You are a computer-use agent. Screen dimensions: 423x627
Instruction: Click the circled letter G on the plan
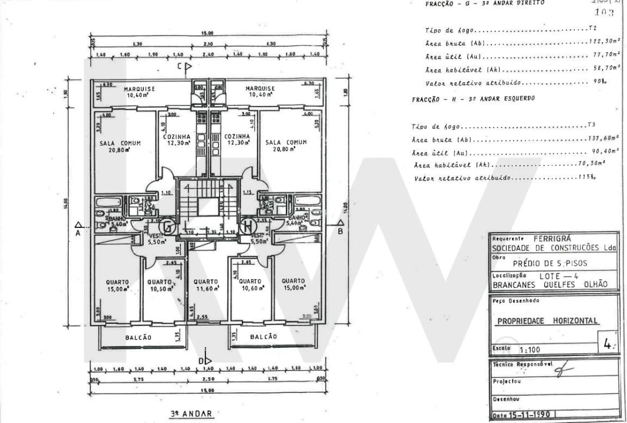[x=168, y=226]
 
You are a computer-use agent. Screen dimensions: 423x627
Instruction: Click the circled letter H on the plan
[x=247, y=225]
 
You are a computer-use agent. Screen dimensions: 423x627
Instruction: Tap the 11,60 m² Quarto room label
[x=206, y=285]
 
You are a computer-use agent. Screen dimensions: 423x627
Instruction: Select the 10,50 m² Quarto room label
[x=159, y=285]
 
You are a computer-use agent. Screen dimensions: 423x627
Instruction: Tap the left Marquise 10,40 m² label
[x=122, y=92]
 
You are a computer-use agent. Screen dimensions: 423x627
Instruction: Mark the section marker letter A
[x=77, y=232]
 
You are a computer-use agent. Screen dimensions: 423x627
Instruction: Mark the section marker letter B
[x=340, y=231]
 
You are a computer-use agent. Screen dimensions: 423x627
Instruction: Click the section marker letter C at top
[x=181, y=66]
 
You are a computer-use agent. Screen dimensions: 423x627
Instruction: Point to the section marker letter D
[x=201, y=360]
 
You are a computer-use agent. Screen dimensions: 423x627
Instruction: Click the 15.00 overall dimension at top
[x=207, y=33]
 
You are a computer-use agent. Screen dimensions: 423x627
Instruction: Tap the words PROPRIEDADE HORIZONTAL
[x=548, y=321]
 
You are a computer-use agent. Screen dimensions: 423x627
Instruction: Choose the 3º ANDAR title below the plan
[x=191, y=414]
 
